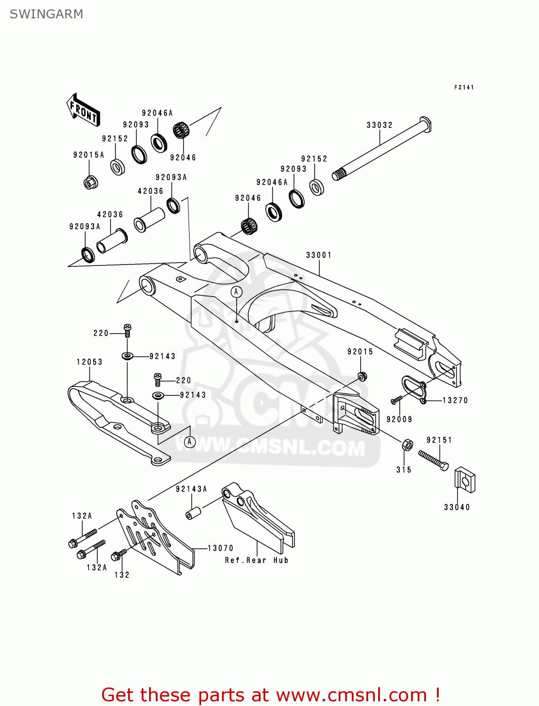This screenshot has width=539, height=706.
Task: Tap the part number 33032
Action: point(379,125)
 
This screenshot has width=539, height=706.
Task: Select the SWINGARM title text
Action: point(47,14)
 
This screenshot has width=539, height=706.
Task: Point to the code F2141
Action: point(464,87)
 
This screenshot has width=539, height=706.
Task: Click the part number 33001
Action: point(318,255)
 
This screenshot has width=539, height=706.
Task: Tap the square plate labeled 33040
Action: point(465,480)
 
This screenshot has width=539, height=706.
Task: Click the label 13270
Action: point(455,401)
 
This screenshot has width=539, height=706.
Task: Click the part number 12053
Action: point(89,362)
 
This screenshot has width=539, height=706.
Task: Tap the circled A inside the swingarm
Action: point(236,292)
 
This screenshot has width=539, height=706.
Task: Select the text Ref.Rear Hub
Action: point(256,560)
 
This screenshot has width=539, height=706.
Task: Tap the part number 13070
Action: point(220,548)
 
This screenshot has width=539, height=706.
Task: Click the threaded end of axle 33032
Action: point(338,175)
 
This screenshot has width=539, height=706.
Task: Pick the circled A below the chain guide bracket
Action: point(190,441)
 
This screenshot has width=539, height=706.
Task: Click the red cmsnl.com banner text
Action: point(270,695)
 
